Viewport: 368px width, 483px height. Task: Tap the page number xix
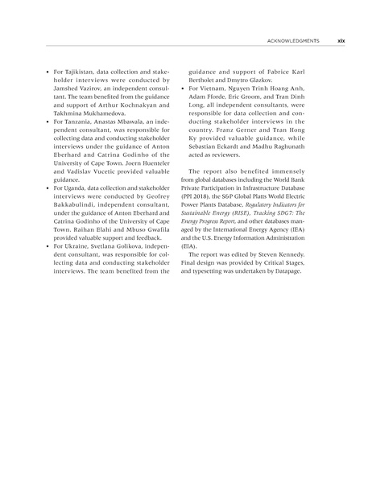340,40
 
